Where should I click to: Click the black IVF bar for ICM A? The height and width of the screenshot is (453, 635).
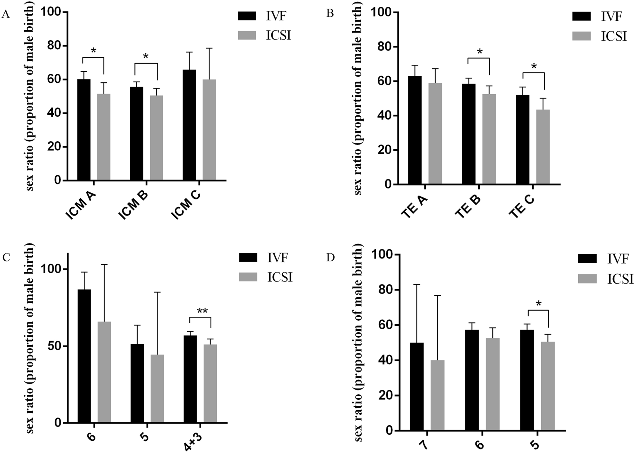click(x=84, y=130)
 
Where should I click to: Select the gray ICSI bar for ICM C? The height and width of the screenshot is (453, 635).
click(x=209, y=130)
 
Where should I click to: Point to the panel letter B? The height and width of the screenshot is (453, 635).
click(x=330, y=14)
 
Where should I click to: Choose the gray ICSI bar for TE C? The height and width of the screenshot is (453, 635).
click(x=543, y=147)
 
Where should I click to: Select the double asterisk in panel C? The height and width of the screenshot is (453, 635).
click(x=202, y=311)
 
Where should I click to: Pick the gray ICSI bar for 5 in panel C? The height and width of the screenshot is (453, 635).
click(x=157, y=389)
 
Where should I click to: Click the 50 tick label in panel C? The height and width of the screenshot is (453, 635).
click(x=53, y=346)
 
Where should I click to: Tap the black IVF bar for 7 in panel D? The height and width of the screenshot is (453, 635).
click(x=417, y=386)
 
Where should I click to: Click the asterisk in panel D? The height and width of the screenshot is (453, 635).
click(x=538, y=304)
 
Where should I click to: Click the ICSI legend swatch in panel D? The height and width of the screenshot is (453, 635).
click(x=587, y=279)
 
